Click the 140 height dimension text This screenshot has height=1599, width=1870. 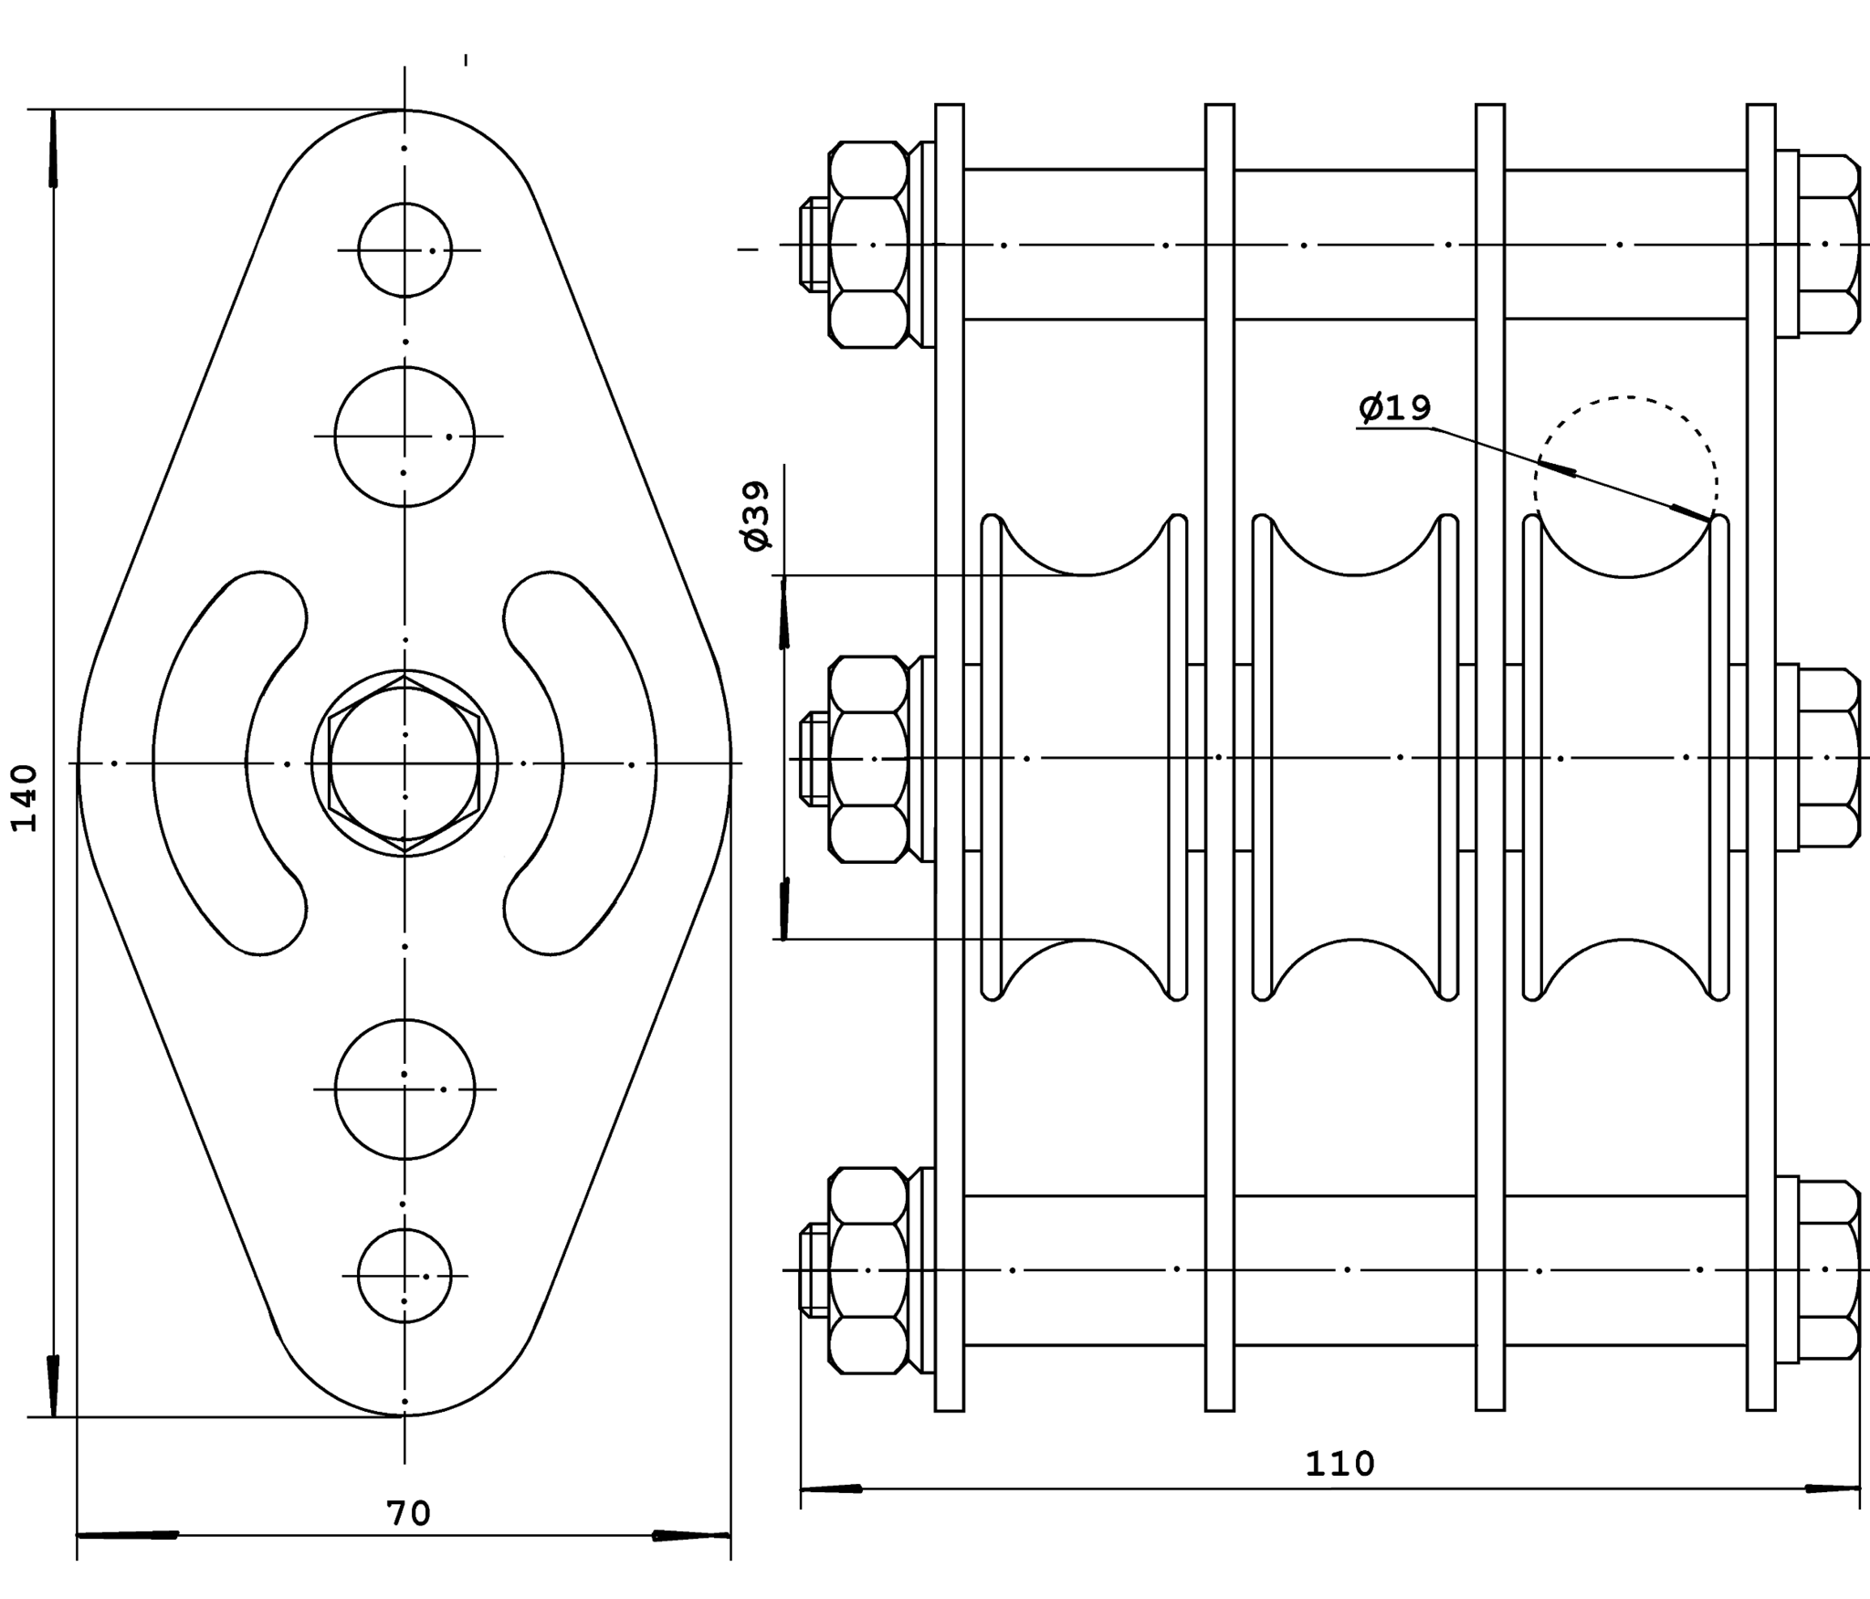(x=25, y=797)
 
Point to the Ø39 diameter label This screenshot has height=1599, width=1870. (x=757, y=516)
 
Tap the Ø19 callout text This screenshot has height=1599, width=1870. (x=1394, y=408)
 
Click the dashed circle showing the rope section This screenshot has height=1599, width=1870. (x=1625, y=397)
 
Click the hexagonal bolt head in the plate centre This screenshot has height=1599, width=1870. (x=404, y=763)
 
